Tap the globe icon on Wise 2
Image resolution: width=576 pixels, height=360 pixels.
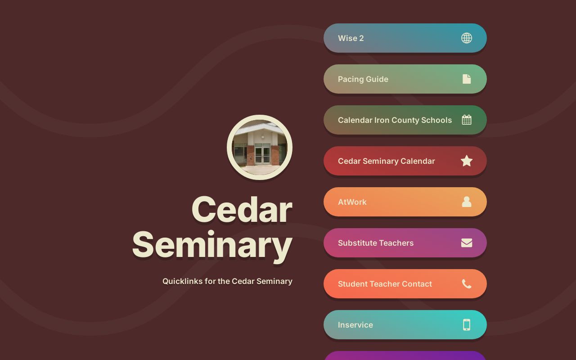[467, 38]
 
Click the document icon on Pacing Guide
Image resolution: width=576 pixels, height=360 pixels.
[467, 79]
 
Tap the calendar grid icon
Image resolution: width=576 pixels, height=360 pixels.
[467, 120]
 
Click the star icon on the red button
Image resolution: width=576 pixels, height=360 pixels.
[467, 161]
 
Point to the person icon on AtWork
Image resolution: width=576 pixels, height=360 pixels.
[467, 202]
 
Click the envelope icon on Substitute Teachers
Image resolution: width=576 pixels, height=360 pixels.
[467, 243]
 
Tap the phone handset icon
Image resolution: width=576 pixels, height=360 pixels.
[467, 284]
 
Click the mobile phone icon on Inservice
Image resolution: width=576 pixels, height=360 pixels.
[467, 325]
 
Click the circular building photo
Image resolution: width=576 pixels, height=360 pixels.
[260, 148]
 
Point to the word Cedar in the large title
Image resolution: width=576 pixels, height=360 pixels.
[242, 210]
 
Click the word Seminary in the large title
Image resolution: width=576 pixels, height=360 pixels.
[212, 245]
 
